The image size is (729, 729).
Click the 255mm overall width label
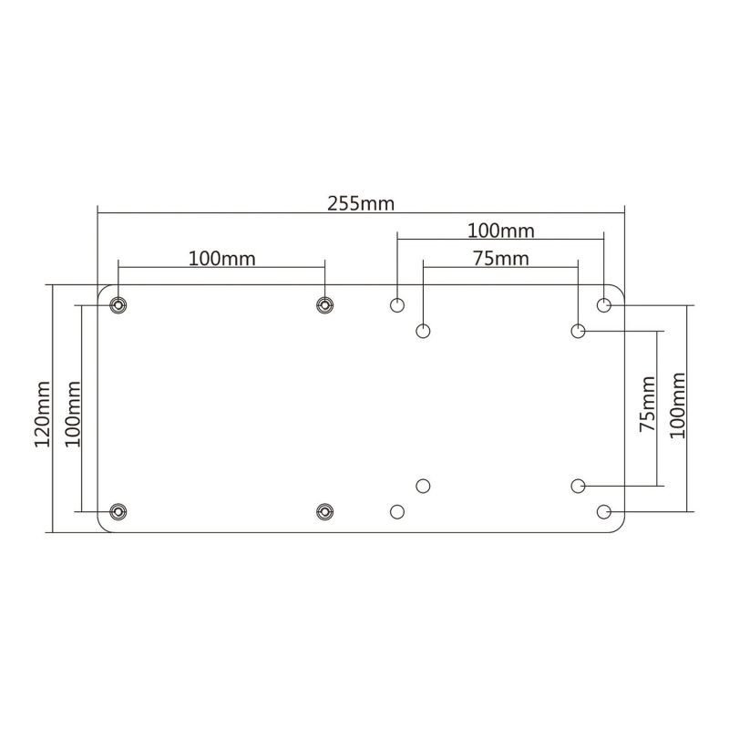click(361, 202)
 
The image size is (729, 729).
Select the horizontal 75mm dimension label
click(500, 258)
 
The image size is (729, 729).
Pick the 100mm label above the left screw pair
click(221, 258)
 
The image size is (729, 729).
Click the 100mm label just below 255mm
click(500, 230)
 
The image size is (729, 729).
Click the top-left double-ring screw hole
click(118, 304)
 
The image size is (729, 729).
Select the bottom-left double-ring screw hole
click(118, 512)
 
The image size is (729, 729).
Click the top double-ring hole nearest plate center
click(324, 304)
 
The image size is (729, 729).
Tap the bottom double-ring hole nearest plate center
click(324, 512)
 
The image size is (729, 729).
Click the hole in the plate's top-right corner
click(604, 304)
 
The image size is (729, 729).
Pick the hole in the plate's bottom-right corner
click(604, 512)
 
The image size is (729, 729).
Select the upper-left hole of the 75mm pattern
click(423, 331)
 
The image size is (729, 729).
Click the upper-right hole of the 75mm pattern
click(579, 331)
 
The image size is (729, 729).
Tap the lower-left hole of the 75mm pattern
click(423, 486)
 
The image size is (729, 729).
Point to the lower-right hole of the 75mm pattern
click(579, 486)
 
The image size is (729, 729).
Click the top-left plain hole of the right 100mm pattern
click(397, 304)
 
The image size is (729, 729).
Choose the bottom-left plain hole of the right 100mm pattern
click(397, 512)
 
